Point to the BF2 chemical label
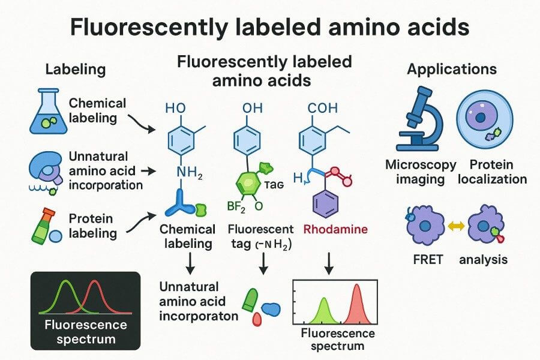238,207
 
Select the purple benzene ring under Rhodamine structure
327,201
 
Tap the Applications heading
451,69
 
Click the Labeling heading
75,69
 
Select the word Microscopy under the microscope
421,164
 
